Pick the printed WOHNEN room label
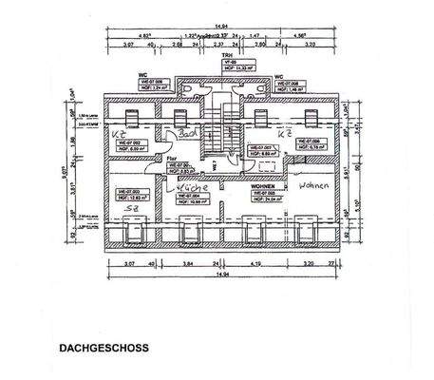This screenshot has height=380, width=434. coord(263,187)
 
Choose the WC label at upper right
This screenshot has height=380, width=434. coord(279,77)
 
